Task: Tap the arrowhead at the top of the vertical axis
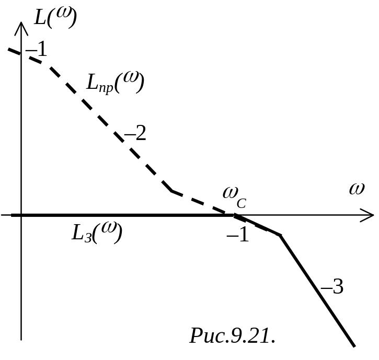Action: pyautogui.click(x=21, y=26)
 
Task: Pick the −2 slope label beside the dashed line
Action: pyautogui.click(x=134, y=134)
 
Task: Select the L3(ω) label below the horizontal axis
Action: pyautogui.click(x=97, y=233)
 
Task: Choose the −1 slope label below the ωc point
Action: pyautogui.click(x=237, y=236)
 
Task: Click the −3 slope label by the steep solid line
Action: pyautogui.click(x=331, y=287)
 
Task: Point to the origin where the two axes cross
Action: pyautogui.click(x=21, y=215)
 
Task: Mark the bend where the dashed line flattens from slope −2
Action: pyautogui.click(x=173, y=191)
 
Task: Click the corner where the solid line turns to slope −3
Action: pyautogui.click(x=280, y=235)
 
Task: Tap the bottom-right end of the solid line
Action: pyautogui.click(x=354, y=345)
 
